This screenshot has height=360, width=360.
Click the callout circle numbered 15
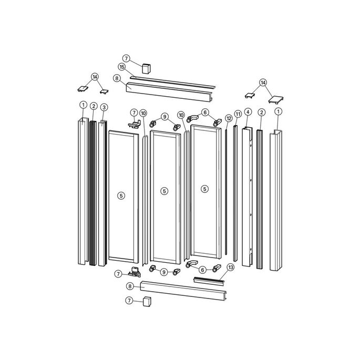pos(121,67)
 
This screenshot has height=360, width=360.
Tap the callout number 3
pos(104,107)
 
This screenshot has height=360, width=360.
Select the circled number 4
pos(248,112)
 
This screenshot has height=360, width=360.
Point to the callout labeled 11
pos(238,114)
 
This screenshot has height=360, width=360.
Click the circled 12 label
pos(228,118)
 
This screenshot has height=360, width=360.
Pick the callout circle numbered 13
pos(230,267)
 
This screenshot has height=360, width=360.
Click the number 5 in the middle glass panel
pos(164,191)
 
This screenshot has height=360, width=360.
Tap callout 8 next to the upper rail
pos(117,78)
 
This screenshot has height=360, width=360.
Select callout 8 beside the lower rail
pos(130,286)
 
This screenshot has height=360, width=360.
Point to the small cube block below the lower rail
pos(147,301)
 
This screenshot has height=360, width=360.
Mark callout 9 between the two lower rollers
pos(164,272)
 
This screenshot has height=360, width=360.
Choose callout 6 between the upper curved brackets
pos(205,112)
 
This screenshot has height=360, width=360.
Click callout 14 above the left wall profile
pos(95,77)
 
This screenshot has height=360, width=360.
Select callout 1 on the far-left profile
pos(83,105)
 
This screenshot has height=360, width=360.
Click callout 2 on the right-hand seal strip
pos(262,112)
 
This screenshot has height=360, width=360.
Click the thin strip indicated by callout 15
pos(173,81)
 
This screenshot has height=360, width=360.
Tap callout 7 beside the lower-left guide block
pos(118,274)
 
